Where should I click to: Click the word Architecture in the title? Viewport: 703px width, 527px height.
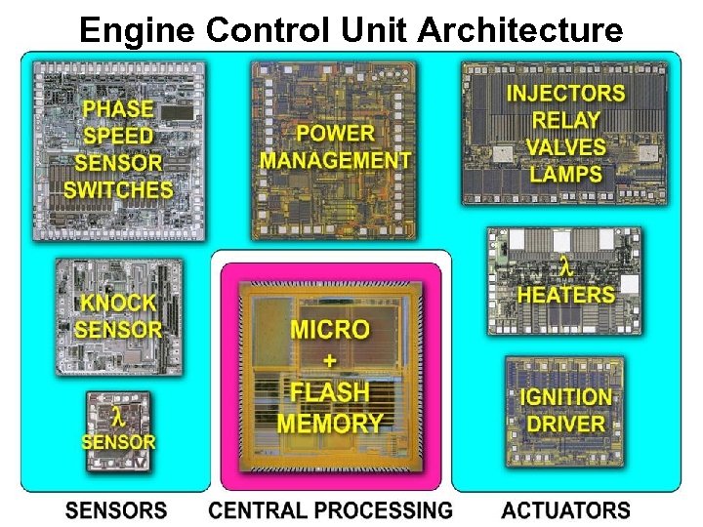[x=520, y=31]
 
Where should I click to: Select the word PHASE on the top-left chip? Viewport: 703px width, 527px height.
[x=118, y=109]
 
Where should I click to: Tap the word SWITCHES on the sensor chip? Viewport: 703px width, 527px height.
[x=118, y=189]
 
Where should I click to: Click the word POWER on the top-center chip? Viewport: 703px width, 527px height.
[x=335, y=133]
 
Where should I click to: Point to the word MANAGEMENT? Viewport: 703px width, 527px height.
[x=335, y=160]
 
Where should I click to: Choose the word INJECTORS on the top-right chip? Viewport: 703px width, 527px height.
[x=565, y=94]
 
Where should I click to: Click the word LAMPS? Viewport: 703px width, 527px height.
[x=565, y=176]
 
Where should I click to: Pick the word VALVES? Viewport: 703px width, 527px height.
[x=565, y=148]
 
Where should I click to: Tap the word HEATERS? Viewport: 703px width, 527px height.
[x=566, y=294]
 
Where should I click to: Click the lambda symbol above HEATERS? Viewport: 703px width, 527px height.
[x=564, y=265]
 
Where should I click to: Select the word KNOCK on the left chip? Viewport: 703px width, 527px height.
[x=118, y=303]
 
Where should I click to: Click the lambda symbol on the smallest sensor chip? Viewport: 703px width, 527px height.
[x=117, y=418]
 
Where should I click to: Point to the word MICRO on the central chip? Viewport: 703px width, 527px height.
[x=330, y=330]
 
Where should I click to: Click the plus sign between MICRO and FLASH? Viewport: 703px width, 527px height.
[x=330, y=361]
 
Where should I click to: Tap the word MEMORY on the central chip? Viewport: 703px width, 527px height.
[x=330, y=423]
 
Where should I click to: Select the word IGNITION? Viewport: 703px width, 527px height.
[x=566, y=397]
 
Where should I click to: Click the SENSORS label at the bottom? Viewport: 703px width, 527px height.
[x=116, y=509]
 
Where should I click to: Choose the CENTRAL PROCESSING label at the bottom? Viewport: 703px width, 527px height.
[x=331, y=509]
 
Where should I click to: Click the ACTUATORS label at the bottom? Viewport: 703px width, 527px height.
[x=565, y=509]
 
